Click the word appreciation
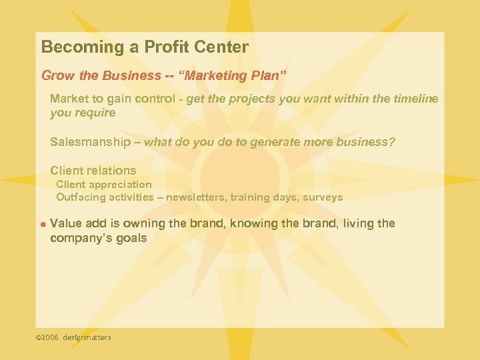point(120,184)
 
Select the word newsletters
point(197,197)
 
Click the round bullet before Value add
point(42,225)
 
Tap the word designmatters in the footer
point(87,337)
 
